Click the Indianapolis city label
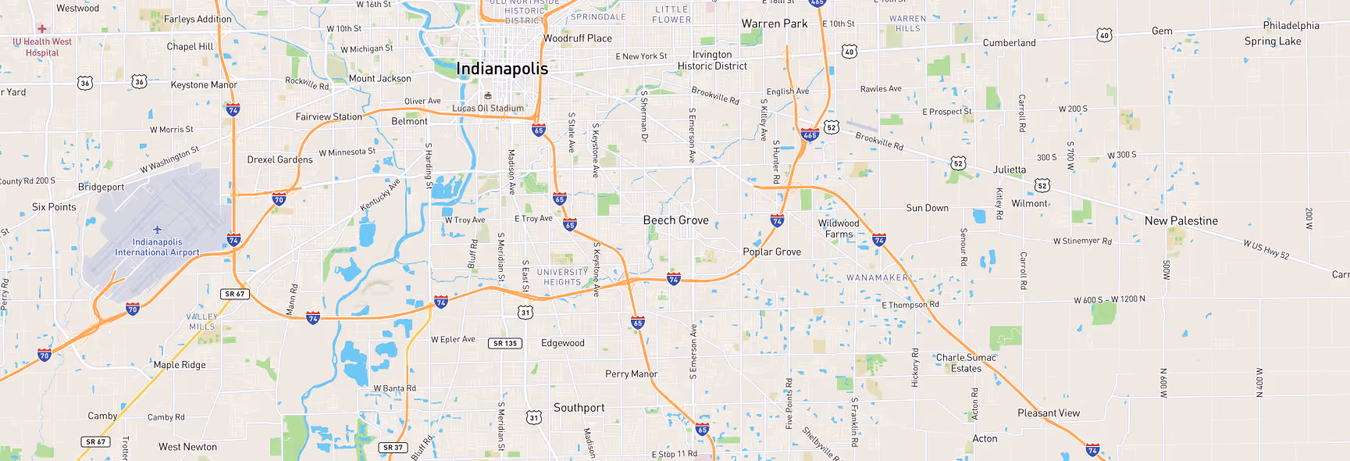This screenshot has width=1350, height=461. (x=502, y=69)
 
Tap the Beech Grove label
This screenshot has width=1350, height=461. (x=675, y=220)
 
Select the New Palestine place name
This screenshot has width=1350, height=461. (x=1181, y=221)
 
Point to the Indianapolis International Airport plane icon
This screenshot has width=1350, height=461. (x=157, y=230)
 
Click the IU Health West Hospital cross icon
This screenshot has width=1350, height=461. (x=42, y=29)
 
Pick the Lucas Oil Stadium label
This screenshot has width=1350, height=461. (x=488, y=109)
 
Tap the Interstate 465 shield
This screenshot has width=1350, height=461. (x=810, y=134)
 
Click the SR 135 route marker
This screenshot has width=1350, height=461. (x=506, y=343)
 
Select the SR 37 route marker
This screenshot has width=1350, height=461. (x=393, y=448)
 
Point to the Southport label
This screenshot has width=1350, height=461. (x=579, y=408)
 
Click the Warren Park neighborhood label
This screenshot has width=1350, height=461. (x=774, y=24)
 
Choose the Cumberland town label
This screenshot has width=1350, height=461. (x=1009, y=43)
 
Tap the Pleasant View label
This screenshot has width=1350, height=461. (x=1048, y=413)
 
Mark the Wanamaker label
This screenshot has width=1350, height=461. (x=877, y=277)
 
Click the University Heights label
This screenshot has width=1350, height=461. (x=562, y=277)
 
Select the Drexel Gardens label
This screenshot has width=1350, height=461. (x=280, y=159)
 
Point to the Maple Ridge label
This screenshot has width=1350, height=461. (x=180, y=365)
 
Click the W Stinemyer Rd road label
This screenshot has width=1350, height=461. (x=1081, y=241)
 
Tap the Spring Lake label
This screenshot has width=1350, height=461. (x=1272, y=41)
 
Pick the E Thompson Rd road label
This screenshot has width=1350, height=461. (x=910, y=305)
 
